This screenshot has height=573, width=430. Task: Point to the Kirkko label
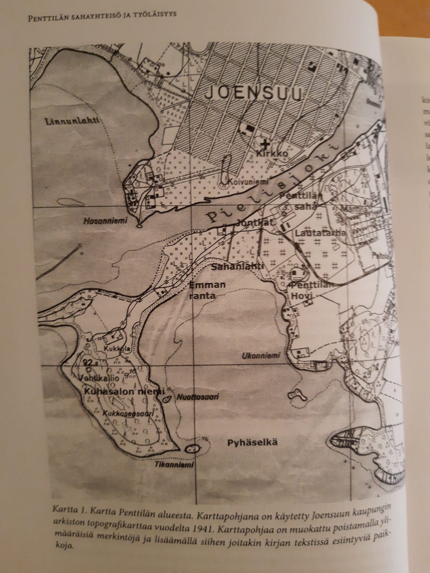271,153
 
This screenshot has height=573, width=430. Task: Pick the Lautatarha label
320,233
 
